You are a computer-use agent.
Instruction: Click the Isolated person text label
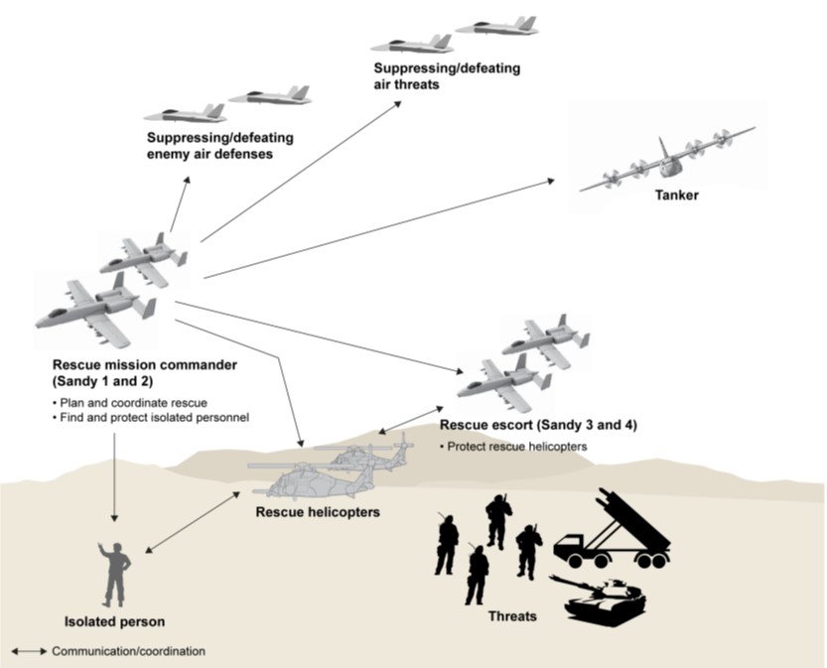click(116, 622)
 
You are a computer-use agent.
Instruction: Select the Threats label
click(512, 616)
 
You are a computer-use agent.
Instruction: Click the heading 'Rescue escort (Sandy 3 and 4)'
click(537, 425)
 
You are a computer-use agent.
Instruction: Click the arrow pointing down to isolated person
click(115, 476)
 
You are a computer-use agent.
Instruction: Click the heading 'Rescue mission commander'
click(144, 365)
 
